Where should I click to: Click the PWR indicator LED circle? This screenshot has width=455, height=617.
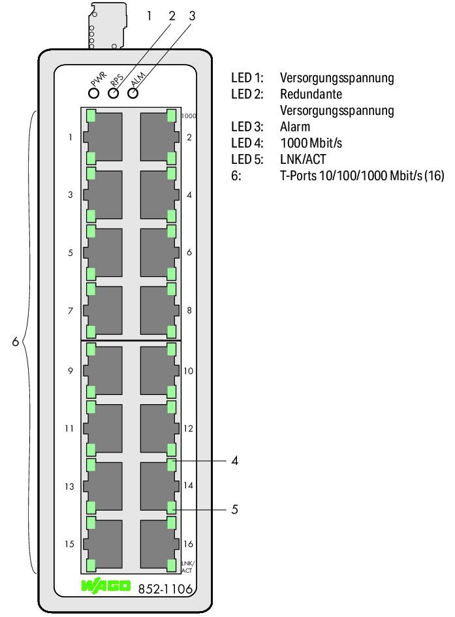(94, 93)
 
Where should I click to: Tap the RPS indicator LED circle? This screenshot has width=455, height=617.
(113, 93)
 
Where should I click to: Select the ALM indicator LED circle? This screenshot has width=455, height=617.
(133, 93)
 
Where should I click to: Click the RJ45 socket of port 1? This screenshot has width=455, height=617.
(102, 137)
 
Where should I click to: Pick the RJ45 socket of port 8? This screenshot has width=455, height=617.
(159, 311)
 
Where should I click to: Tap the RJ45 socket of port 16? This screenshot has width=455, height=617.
(159, 544)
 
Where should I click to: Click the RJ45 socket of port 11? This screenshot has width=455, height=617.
(102, 428)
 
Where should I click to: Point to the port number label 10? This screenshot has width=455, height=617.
(189, 371)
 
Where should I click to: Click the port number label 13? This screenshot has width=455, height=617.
(69, 486)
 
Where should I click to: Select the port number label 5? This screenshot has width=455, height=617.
(71, 253)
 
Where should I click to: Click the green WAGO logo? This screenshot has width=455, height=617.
(106, 586)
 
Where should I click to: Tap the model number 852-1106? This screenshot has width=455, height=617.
(165, 589)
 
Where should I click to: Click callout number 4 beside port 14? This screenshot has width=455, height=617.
(235, 460)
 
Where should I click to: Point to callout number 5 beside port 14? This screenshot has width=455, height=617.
(235, 509)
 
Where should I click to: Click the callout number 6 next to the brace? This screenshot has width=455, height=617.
(15, 341)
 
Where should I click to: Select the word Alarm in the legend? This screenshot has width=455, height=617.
(295, 127)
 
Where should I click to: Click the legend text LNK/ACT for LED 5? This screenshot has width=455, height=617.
(303, 159)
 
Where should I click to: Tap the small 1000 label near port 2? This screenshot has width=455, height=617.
(189, 116)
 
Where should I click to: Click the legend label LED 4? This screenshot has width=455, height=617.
(247, 143)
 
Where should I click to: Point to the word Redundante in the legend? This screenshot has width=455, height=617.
(311, 94)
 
